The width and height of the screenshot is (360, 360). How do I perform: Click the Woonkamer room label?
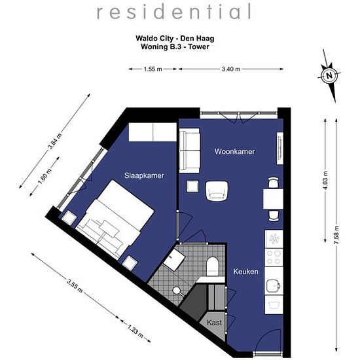point(234,152)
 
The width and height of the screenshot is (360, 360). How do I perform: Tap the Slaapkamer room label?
point(144,175)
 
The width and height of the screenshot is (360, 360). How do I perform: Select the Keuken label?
point(245,272)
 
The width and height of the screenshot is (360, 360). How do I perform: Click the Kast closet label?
point(214,322)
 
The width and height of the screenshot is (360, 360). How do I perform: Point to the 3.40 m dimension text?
point(231,69)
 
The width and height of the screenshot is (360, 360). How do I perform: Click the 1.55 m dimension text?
point(153,69)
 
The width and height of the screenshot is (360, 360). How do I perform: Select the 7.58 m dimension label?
point(336,235)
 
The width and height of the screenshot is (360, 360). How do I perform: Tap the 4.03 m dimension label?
point(325,181)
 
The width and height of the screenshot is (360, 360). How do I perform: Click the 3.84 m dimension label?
point(54,141)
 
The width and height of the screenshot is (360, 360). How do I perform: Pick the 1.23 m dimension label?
point(135,331)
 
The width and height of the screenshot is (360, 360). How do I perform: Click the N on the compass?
point(329,75)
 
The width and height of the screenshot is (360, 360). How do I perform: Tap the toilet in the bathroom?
point(212,267)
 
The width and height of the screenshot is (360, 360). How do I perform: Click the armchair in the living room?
point(217,191)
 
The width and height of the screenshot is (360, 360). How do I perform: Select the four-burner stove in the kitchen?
point(274,257)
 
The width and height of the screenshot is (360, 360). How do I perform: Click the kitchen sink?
point(274,285)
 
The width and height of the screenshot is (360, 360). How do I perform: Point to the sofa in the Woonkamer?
point(189,151)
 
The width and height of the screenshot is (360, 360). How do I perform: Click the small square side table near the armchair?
point(192,186)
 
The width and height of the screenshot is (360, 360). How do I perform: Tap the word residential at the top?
point(174,12)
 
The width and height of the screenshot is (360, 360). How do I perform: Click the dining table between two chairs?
point(273,199)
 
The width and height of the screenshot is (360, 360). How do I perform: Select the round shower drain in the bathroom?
point(176,291)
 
